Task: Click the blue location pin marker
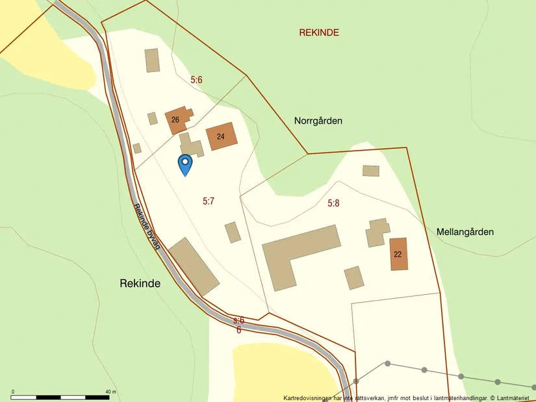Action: [x=185, y=163]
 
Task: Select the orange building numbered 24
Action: [x=222, y=136]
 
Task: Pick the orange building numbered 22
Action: [x=398, y=254]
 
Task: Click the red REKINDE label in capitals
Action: [x=319, y=32]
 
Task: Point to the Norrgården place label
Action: [x=318, y=121]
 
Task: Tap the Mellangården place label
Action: [x=465, y=232]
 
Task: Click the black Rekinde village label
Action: [x=140, y=284]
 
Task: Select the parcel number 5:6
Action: [x=197, y=80]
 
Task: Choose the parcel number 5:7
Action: [x=209, y=201]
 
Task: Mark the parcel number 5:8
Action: [x=333, y=203]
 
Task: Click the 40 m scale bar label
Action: [x=110, y=392]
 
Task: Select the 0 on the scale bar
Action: [x=13, y=392]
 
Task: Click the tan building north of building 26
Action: [x=153, y=60]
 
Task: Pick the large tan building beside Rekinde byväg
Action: [x=194, y=266]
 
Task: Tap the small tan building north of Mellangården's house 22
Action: [x=371, y=171]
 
